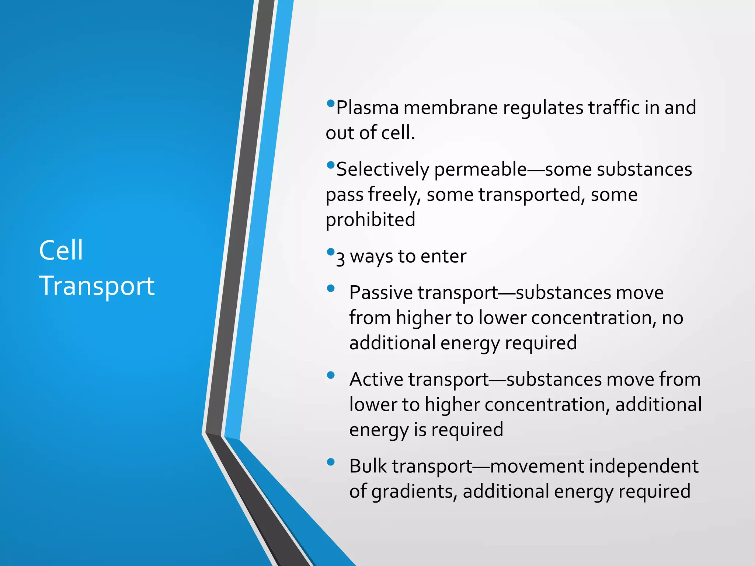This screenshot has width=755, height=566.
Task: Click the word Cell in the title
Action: coord(61,250)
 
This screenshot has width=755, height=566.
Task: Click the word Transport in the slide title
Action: coord(97,286)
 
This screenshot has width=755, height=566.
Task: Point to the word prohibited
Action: coord(370,220)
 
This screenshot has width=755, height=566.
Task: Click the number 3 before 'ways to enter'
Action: coord(340,258)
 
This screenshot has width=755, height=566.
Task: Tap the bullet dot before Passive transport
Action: coord(331,288)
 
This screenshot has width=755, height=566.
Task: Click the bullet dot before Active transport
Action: coord(331,375)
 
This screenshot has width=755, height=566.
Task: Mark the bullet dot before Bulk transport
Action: coord(331,462)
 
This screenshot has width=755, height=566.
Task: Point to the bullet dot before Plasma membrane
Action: coord(331,103)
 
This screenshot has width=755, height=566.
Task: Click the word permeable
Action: coord(480,170)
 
